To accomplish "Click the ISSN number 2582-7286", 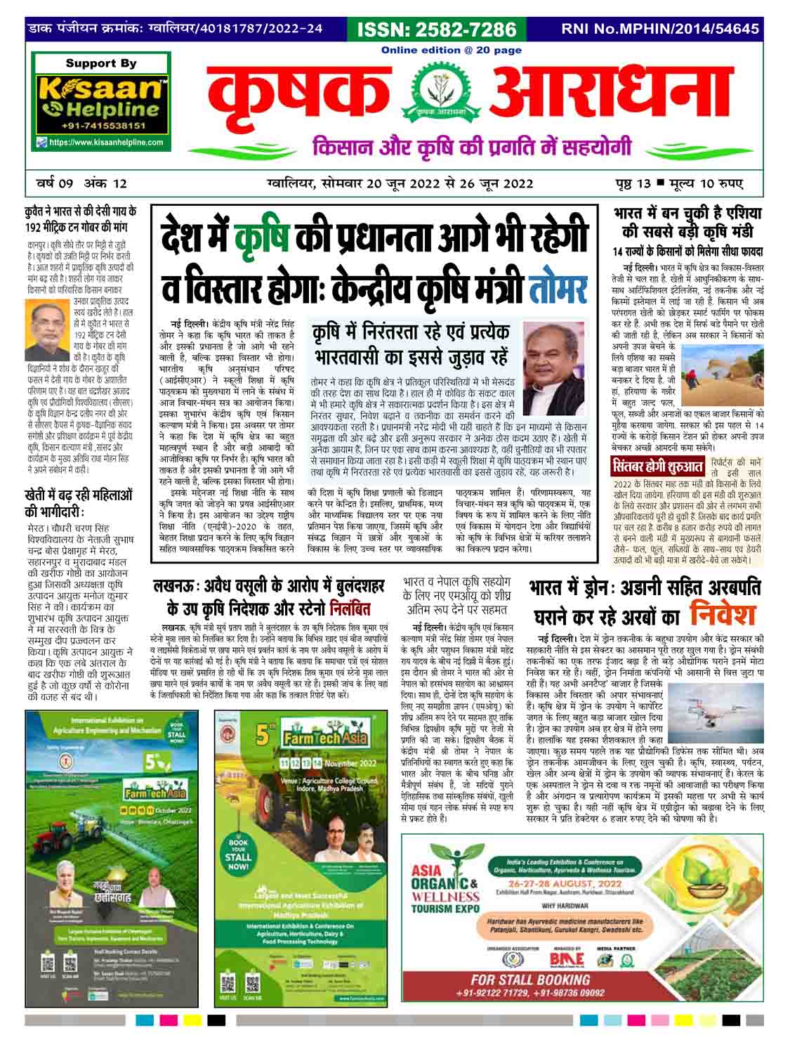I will click(x=437, y=30).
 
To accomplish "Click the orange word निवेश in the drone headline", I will click(x=723, y=613).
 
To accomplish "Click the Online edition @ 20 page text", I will click(x=452, y=50).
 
